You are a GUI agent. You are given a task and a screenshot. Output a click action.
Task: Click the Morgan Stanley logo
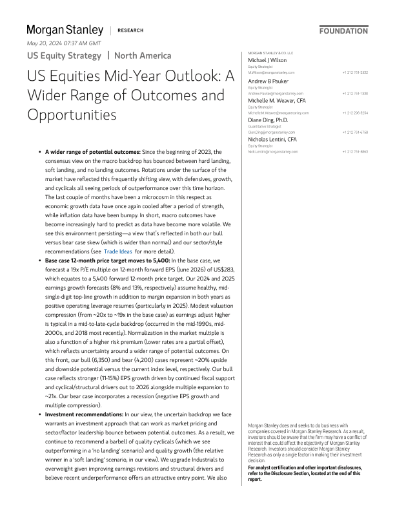(x=65, y=30)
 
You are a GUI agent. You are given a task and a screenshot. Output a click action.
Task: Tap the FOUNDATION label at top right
(x=343, y=30)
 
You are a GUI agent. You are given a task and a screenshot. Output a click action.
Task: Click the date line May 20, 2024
(x=63, y=43)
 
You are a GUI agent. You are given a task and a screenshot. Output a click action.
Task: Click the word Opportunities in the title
(x=72, y=115)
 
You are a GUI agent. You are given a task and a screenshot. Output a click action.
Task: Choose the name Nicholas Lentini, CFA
(x=273, y=139)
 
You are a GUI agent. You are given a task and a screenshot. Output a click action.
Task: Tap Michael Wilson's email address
(x=271, y=72)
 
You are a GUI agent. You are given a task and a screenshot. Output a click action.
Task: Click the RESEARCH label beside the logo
(x=130, y=30)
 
